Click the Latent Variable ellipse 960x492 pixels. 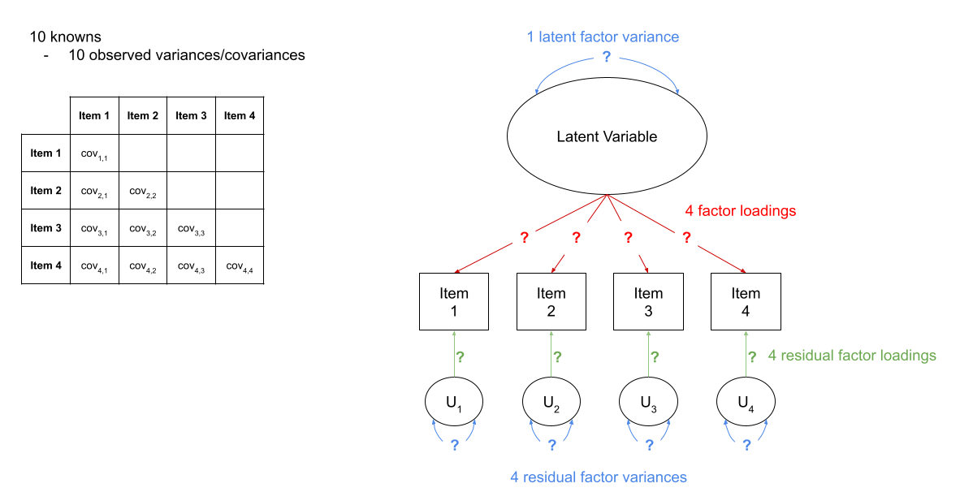607,136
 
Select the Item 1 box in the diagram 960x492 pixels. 454,301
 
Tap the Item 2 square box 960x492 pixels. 551,301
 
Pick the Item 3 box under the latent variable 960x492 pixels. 648,301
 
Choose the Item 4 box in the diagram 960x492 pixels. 746,301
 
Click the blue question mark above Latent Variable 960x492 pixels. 606,57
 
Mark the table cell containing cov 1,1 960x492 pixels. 94,153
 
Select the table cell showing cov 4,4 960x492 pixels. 240,265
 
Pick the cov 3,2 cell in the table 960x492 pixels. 143,228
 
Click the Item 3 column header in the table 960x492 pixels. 191,115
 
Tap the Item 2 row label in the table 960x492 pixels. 46,191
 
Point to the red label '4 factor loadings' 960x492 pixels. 741,211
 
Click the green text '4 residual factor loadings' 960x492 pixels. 852,356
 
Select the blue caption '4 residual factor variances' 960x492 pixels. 599,477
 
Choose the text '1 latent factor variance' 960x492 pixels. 603,37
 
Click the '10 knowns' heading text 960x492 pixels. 65,37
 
